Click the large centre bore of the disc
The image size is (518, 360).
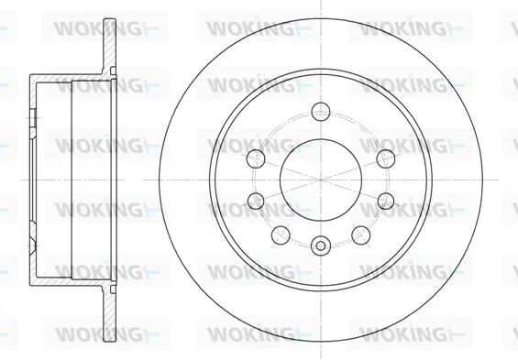(x=321, y=180)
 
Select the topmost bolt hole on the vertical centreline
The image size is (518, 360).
(x=321, y=111)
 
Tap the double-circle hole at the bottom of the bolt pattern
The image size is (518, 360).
(x=321, y=245)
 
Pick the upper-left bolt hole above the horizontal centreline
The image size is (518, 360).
(x=256, y=158)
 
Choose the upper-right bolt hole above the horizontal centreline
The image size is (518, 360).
(x=386, y=158)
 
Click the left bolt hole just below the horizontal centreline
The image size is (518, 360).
(x=256, y=201)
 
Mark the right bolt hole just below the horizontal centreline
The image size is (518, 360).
(x=386, y=201)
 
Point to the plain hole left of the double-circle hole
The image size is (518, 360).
(x=281, y=235)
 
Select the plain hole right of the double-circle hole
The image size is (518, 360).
(x=360, y=235)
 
